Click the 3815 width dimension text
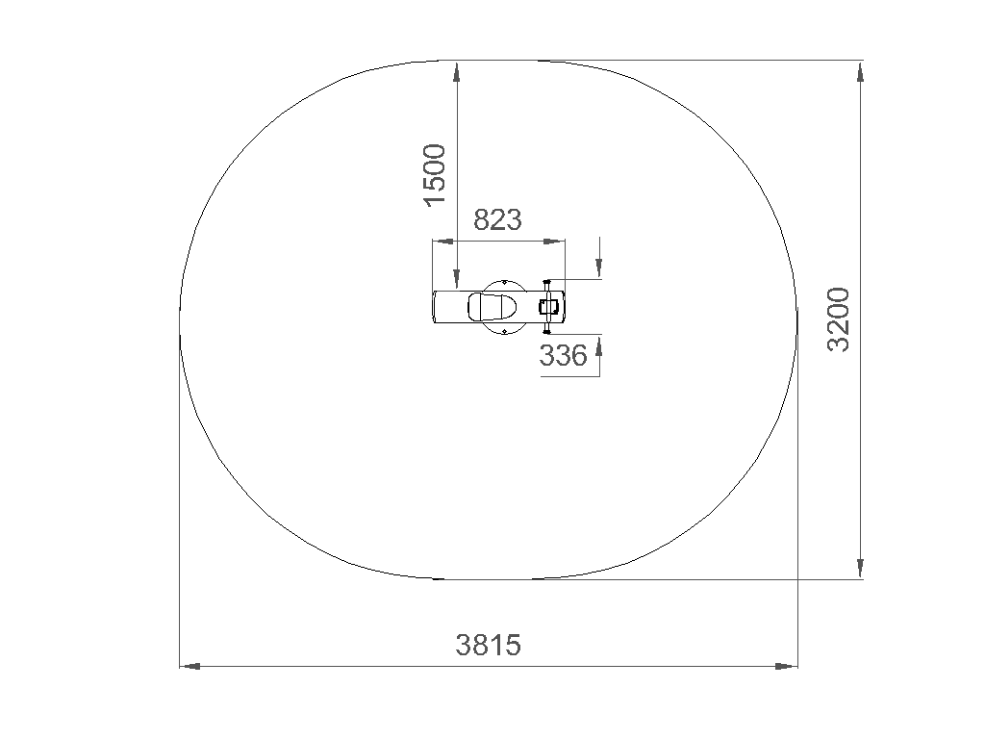coord(488,645)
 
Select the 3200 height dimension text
coord(838,319)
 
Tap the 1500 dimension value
coord(435,175)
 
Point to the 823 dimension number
coord(497,220)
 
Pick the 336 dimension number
coord(564,356)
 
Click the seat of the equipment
coord(492,307)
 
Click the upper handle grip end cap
coord(546,281)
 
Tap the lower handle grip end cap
coord(546,332)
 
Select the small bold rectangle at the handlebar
coord(548,307)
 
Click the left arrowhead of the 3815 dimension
coord(189,666)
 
